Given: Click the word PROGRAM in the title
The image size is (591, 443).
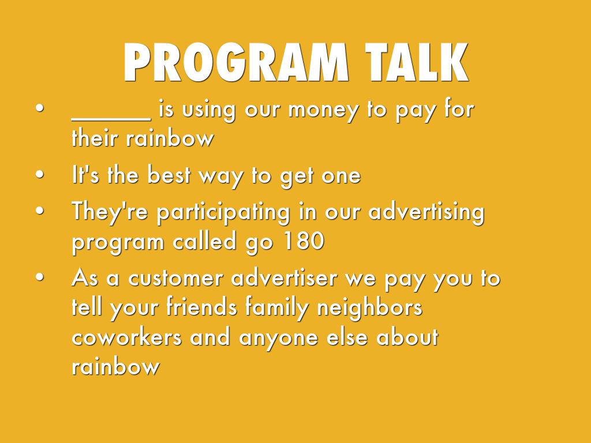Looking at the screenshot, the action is click(236, 62).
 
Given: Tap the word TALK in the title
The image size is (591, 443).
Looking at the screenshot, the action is click(417, 62).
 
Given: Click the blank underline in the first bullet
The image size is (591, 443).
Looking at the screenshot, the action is click(111, 120).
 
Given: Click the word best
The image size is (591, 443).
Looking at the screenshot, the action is click(169, 175).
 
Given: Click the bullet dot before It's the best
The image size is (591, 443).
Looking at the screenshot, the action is click(40, 174).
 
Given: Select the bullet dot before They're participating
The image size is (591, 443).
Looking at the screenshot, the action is click(40, 211).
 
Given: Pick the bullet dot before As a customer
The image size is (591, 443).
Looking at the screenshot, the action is click(40, 277).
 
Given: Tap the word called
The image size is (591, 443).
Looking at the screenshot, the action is click(205, 241).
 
